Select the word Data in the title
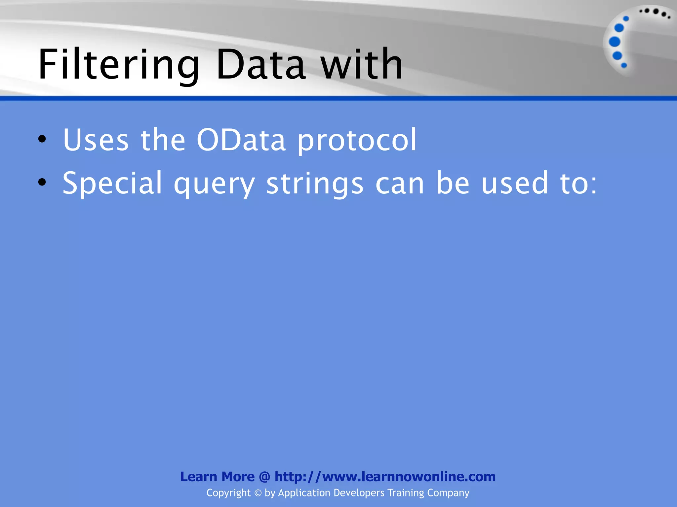[260, 64]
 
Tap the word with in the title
[362, 64]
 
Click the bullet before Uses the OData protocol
[42, 139]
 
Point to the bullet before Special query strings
[42, 182]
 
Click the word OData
[241, 140]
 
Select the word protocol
[357, 141]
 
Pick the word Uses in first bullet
[96, 140]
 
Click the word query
[214, 185]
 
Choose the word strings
[315, 184]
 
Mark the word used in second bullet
[514, 183]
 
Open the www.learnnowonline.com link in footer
[385, 477]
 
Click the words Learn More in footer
[217, 477]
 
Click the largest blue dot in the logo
[615, 42]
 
